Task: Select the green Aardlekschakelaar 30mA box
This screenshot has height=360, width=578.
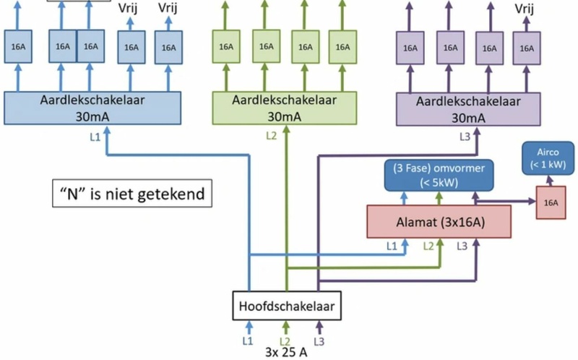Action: click(x=288, y=108)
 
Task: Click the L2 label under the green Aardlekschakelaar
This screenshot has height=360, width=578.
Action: click(x=271, y=135)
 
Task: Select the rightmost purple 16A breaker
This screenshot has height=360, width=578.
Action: click(x=528, y=48)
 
